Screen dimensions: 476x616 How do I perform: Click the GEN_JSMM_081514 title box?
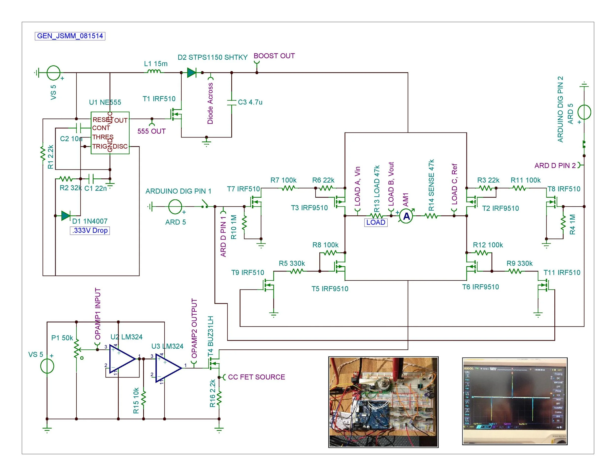point(70,36)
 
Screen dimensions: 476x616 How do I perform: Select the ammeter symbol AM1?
point(406,216)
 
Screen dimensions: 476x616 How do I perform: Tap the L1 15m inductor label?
point(156,64)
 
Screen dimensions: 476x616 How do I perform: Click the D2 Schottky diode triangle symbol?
point(192,73)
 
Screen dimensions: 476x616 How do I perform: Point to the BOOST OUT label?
point(274,56)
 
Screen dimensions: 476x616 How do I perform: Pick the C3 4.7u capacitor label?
point(250,102)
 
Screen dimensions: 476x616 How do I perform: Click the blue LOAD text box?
point(376,222)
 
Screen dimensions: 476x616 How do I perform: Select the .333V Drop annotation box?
point(90,230)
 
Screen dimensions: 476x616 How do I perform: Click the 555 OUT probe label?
point(152,131)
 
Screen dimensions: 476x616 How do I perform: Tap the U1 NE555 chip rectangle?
point(110,133)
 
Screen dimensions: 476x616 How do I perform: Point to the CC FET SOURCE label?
point(257,377)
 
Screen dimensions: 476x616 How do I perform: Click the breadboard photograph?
point(383,402)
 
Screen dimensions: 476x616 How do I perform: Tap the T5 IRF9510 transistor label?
point(330,289)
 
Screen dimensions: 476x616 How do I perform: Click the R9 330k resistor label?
point(520,263)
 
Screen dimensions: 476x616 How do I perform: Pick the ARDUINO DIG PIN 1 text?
point(178,191)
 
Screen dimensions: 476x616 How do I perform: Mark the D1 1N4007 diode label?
point(90,221)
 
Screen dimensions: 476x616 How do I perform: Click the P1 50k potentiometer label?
point(62,338)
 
